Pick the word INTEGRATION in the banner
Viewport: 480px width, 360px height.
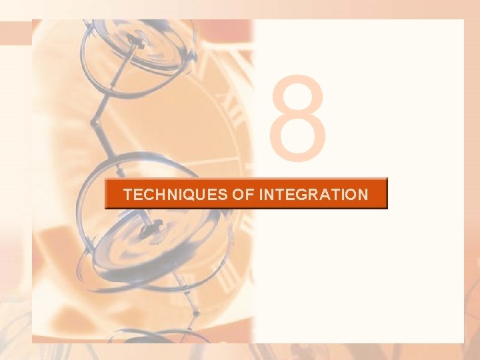pyautogui.click(x=312, y=195)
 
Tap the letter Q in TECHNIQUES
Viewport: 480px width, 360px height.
pyautogui.click(x=190, y=195)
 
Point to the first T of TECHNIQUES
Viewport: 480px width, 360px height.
pyautogui.click(x=128, y=195)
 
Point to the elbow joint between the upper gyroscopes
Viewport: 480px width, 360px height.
pyautogui.click(x=97, y=124)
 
